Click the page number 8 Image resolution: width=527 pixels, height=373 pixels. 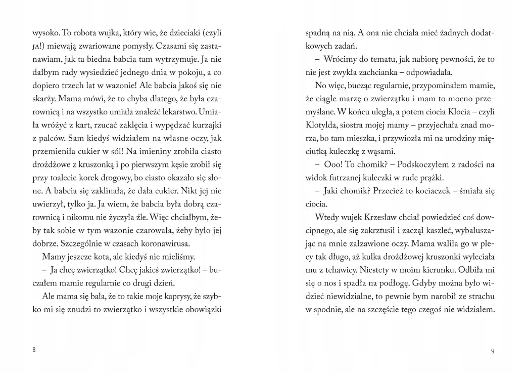[x=34, y=351]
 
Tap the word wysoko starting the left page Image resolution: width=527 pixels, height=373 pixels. [x=45, y=33]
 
